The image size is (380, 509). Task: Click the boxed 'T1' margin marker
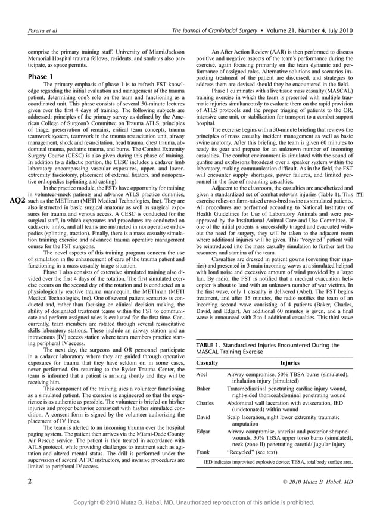click(360, 195)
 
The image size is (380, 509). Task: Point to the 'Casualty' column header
click(207, 362)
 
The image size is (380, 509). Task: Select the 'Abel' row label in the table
click(203, 373)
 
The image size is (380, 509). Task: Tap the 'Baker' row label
click(204, 388)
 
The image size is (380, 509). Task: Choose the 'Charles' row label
click(205, 404)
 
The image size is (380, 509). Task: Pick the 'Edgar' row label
click(204, 432)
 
